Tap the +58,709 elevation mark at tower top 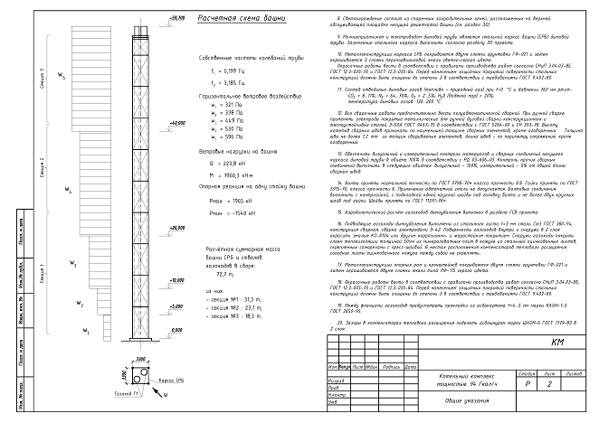pos(176,17)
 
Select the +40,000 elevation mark pos(176,122)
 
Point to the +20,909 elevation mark pos(176,230)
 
